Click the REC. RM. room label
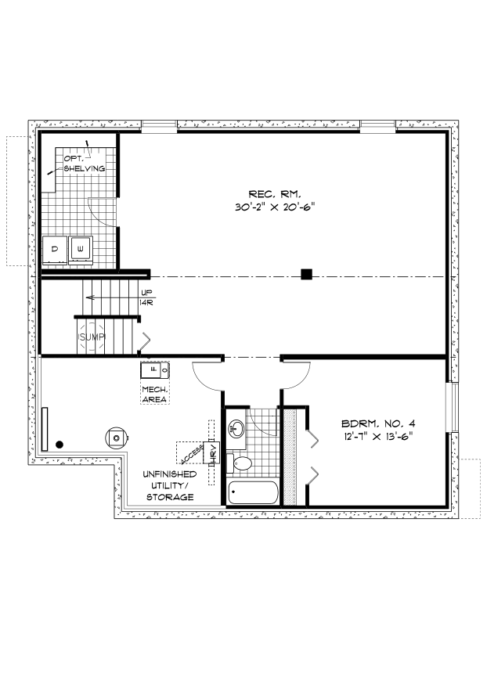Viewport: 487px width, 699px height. (275, 194)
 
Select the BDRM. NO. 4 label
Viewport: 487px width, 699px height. (378, 423)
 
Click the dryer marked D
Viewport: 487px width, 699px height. (55, 250)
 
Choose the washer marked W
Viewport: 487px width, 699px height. (81, 250)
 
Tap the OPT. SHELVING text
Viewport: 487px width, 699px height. (85, 164)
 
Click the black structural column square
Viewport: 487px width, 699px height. (306, 274)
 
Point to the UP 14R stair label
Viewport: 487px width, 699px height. (146, 297)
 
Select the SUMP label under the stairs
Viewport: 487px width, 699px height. (92, 337)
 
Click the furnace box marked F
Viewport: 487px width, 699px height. (155, 370)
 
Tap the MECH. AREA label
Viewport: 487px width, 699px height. (155, 395)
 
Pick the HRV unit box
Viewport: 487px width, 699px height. (211, 453)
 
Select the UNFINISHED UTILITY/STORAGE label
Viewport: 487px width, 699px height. (169, 485)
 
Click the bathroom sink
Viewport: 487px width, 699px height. (236, 429)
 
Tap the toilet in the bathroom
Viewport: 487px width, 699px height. (240, 463)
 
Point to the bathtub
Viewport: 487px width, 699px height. (252, 492)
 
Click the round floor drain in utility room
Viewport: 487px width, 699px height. (117, 438)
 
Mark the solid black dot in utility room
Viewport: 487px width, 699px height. (60, 445)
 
